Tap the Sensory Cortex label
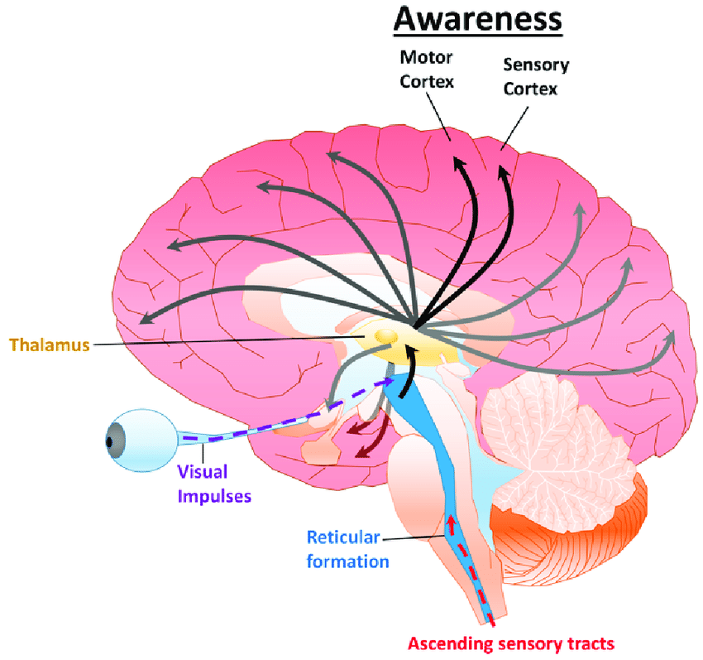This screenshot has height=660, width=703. coord(535,76)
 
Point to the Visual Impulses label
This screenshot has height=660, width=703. coord(214,485)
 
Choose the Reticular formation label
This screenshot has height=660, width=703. coord(343,550)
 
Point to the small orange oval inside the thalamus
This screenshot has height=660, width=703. coord(385,336)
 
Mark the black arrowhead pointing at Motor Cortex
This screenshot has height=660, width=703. coord(456,166)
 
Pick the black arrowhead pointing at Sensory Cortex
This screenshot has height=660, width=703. coord(503,173)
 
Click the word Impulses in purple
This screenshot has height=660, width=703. coord(214,497)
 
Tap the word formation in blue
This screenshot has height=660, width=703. coord(347,561)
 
